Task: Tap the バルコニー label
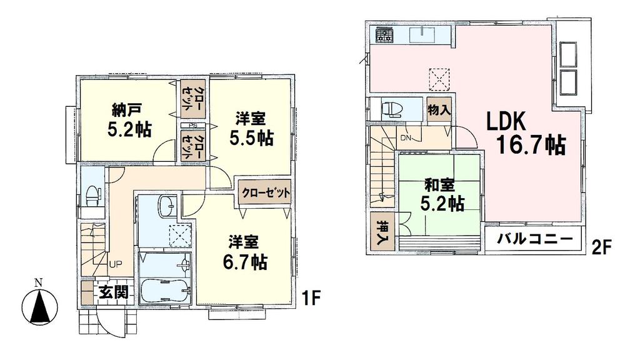pos(536,239)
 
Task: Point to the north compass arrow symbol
pos(38,304)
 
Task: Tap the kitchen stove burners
pos(382,35)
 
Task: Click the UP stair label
pos(116,264)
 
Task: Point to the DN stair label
pos(406,138)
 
